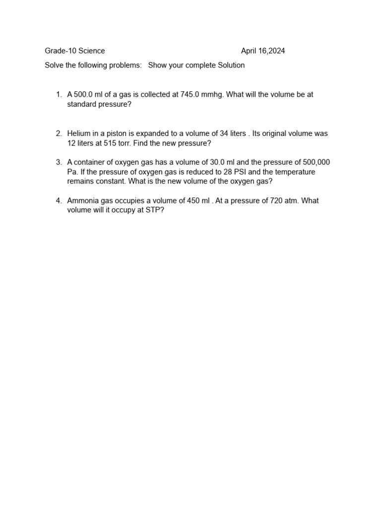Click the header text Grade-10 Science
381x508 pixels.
[x=75, y=51]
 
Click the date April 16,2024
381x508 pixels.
[x=263, y=51]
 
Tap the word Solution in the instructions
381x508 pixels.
[x=230, y=65]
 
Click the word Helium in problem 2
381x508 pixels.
[x=79, y=133]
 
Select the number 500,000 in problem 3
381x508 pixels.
[x=316, y=162]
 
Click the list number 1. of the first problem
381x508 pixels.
[x=59, y=95]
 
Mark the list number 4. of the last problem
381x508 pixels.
[x=59, y=200]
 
